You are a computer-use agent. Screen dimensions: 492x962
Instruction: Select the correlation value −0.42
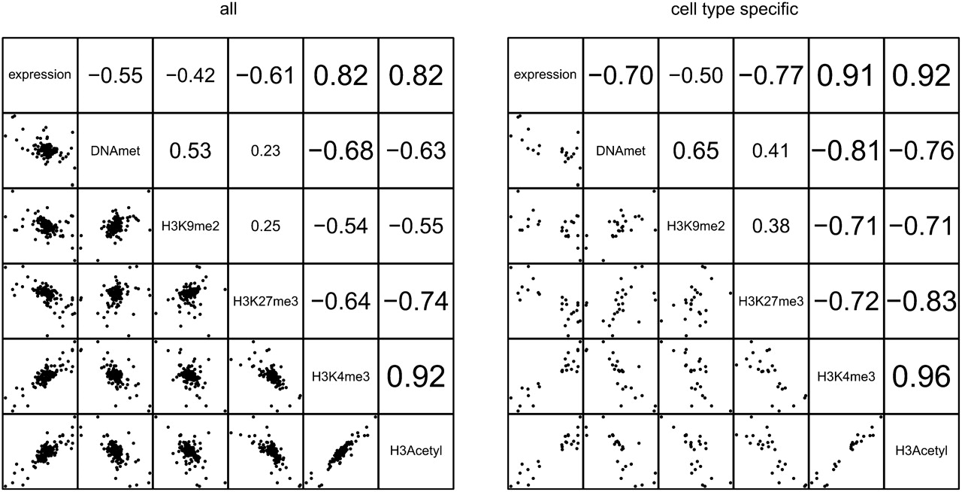(x=190, y=75)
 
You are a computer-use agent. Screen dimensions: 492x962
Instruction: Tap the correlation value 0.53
(x=190, y=150)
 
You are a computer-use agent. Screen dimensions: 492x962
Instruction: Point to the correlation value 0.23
(x=265, y=150)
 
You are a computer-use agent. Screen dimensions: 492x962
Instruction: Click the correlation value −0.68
(x=340, y=150)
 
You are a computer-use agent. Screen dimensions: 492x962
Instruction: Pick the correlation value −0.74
(x=416, y=302)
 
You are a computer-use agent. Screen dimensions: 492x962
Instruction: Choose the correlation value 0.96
(x=921, y=376)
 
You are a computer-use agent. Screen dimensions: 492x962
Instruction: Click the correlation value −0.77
(x=770, y=75)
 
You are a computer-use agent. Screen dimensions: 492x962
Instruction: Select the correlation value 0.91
(x=846, y=75)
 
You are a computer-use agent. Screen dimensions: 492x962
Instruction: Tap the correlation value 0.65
(x=696, y=150)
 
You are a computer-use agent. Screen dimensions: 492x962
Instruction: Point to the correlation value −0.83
(x=921, y=302)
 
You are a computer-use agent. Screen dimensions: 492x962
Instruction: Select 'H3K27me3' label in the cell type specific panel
(x=770, y=302)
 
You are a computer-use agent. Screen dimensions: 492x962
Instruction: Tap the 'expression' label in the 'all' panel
(x=40, y=75)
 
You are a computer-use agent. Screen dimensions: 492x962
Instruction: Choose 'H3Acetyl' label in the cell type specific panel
(x=921, y=451)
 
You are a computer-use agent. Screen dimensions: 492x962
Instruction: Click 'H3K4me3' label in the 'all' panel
(x=340, y=376)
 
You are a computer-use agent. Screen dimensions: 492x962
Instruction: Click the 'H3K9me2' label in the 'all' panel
(x=190, y=226)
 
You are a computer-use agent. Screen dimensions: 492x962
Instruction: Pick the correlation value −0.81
(x=846, y=150)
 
